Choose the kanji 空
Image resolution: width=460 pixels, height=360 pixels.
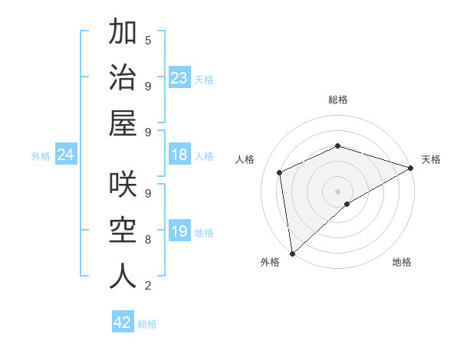point(123,231)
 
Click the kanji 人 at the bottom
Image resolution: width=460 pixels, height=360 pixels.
point(123,277)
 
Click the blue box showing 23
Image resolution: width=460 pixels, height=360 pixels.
point(179,78)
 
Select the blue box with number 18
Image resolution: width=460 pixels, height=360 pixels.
point(179,155)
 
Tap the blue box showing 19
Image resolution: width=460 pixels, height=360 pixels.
point(179,231)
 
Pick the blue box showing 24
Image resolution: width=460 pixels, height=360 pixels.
point(66,155)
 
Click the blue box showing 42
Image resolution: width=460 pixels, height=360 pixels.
point(123,322)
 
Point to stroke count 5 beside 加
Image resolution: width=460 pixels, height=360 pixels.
point(148,40)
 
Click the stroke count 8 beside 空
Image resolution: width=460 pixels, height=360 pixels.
point(148,239)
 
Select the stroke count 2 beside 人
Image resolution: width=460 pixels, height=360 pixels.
point(148,286)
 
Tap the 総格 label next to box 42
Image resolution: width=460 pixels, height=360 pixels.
point(147,324)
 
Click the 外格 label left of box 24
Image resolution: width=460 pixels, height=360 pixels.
point(41,156)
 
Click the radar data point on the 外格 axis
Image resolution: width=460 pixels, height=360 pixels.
point(292,254)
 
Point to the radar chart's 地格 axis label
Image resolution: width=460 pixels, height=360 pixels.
point(402,262)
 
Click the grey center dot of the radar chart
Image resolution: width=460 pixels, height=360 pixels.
point(337,191)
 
